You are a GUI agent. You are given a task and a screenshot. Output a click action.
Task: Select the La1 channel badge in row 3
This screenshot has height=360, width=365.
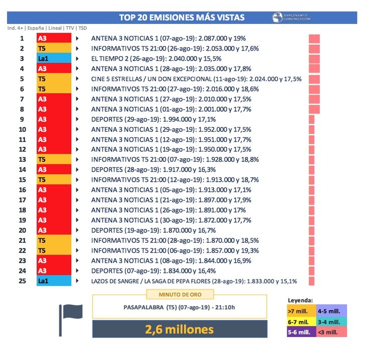coord(54,59)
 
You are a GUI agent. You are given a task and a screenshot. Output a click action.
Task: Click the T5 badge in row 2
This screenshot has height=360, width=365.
coord(54,49)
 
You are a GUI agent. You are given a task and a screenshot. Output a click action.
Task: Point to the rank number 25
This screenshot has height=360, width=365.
coord(22,281)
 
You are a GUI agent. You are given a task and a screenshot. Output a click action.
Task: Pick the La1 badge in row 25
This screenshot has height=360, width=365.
coord(54,281)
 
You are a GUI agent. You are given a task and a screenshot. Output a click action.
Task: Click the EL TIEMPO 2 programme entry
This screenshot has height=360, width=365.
coord(156,59)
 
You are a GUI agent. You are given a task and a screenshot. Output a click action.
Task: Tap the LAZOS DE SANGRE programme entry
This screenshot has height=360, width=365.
coord(194,281)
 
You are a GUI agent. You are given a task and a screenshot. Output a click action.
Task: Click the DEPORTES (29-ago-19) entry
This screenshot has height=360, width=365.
coord(153,119)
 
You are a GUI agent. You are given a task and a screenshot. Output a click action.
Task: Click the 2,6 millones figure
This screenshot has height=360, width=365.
coord(179,329)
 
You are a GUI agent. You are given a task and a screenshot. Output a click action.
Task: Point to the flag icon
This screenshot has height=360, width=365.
coord(70,318)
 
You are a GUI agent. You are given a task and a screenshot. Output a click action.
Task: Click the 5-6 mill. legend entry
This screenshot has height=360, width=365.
coord(300,331)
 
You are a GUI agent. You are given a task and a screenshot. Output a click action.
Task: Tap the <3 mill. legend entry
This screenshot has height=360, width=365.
coord(330,331)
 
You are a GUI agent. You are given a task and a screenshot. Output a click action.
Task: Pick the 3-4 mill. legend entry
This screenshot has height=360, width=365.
coord(330,322)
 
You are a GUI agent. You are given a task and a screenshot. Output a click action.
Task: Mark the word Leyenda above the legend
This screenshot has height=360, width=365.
coord(300,301)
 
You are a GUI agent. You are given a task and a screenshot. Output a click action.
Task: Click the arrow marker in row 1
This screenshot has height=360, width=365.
coord(77,38)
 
